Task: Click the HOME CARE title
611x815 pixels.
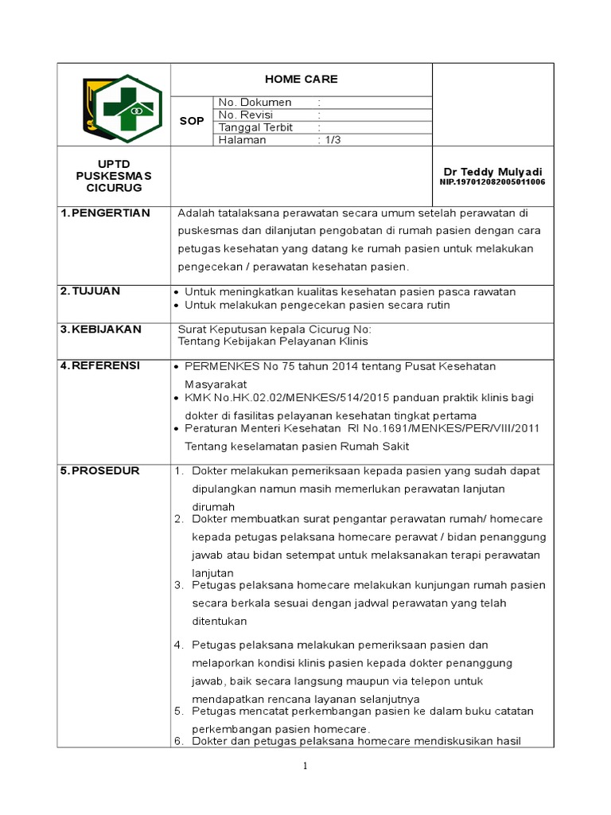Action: point(302,79)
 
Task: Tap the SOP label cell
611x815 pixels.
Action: point(192,121)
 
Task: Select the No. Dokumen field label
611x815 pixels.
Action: point(255,103)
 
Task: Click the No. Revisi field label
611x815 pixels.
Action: point(246,115)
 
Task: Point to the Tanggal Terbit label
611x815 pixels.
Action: point(255,127)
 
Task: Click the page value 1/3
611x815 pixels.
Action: point(331,140)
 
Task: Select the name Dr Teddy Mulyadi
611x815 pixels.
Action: point(492,172)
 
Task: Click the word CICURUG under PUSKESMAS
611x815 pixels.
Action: point(114,187)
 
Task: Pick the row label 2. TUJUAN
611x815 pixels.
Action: point(90,291)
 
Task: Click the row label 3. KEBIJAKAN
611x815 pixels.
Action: point(100,329)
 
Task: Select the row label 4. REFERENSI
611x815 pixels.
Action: point(100,365)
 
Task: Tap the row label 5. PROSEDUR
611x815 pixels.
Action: point(99,470)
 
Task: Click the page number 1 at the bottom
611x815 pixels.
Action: point(304,766)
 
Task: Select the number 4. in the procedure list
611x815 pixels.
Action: point(179,645)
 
